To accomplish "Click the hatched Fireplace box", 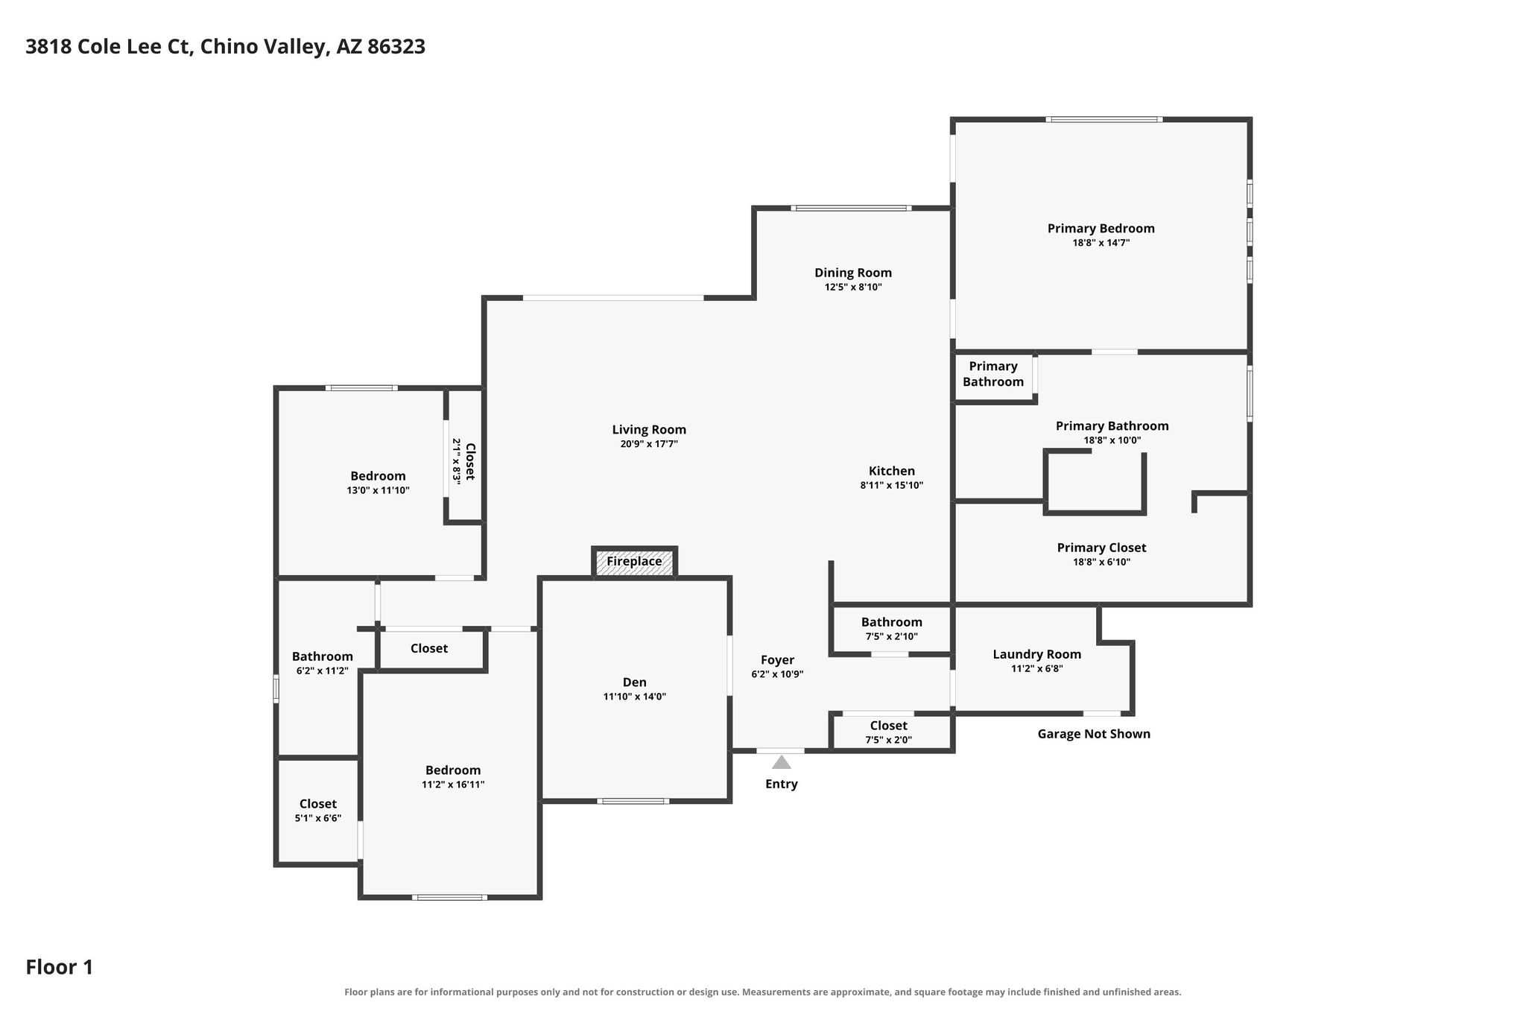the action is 635,562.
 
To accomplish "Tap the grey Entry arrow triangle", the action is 781,762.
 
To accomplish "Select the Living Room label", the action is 649,430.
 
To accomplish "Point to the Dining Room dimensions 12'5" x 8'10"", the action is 853,287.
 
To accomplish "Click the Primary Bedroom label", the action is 1101,229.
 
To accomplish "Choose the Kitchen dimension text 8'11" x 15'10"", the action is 892,485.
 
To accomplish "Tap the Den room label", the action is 635,682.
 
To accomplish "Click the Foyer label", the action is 777,660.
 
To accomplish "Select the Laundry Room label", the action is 1036,654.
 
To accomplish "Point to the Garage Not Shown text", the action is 1094,734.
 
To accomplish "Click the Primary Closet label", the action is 1101,548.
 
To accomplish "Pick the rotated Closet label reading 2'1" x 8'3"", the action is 463,461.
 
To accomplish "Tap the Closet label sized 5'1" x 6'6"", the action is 318,804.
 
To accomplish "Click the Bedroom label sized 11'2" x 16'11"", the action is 453,770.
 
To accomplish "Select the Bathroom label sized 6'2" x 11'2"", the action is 322,656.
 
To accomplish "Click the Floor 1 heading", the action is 60,967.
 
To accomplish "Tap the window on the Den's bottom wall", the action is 633,801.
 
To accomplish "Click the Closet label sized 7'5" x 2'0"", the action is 888,726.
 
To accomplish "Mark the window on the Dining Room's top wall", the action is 851,208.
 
